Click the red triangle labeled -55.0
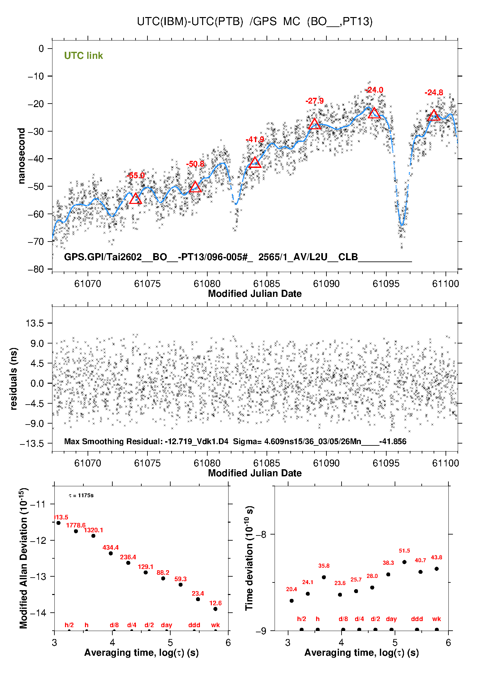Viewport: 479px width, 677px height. coord(135,199)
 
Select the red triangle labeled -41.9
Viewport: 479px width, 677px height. coord(255,163)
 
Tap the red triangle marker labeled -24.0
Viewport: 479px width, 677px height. coord(374,113)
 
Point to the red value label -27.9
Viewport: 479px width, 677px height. coord(315,101)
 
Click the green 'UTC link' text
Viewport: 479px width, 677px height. coord(83,56)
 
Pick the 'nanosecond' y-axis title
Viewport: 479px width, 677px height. coord(22,156)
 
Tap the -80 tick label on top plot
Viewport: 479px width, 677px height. coord(36,269)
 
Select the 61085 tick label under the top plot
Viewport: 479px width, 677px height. coord(267,284)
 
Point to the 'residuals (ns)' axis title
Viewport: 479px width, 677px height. coord(14,379)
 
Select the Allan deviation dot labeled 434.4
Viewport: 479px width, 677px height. coord(111,553)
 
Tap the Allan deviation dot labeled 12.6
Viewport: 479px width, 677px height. coord(215,609)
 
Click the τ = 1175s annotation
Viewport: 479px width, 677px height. coord(81,496)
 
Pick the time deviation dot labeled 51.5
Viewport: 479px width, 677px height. coord(404,562)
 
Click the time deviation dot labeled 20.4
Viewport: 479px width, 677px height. coord(292,600)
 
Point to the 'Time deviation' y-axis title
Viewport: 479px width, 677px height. coord(249,558)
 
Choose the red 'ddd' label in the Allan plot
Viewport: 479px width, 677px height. coord(194,625)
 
